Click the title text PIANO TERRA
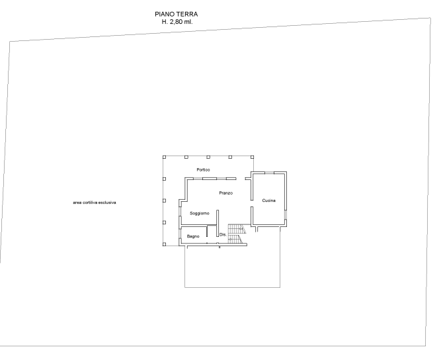pos(177,14)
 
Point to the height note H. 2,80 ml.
pos(177,22)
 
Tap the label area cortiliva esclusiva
pos(95,202)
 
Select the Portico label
pos(203,169)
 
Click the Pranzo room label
pos(226,193)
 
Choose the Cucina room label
pos(269,201)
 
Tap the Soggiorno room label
pos(200,213)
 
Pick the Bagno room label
pos(193,236)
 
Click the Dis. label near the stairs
pos(223,234)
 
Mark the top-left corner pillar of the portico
pos(164,157)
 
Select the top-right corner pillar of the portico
pos(253,157)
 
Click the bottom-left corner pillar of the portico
pos(164,244)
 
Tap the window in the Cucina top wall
pos(270,173)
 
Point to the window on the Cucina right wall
pos(286,214)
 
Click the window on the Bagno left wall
pos(180,234)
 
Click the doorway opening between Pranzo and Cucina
pos(252,204)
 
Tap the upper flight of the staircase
pos(237,229)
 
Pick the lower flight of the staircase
pos(235,239)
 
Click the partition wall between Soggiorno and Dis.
pos(218,223)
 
